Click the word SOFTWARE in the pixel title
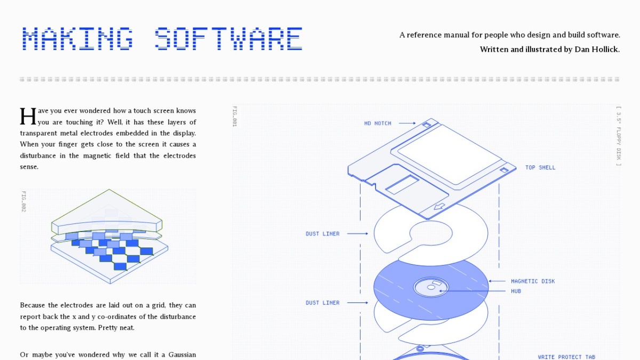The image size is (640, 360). (x=228, y=38)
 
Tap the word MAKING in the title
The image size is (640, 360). (x=77, y=38)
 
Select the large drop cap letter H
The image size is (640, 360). (x=28, y=116)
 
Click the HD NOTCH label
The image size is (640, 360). (x=378, y=123)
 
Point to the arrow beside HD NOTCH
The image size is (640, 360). (x=407, y=123)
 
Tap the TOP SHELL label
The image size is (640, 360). (x=540, y=167)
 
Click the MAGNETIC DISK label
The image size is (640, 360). (x=533, y=281)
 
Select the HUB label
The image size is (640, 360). (x=516, y=291)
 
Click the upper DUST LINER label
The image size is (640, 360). (x=323, y=234)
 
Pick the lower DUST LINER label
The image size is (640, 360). (x=323, y=302)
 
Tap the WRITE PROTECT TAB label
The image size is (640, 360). (x=566, y=357)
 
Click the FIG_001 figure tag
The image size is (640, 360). (x=235, y=116)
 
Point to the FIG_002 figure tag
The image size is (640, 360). (x=23, y=202)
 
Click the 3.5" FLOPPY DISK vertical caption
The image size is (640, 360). (x=619, y=136)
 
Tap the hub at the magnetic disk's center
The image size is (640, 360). (x=431, y=287)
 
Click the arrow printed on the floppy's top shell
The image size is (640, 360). (x=439, y=206)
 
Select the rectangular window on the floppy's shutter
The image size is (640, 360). (x=402, y=185)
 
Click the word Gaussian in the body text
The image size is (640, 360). (x=182, y=355)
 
